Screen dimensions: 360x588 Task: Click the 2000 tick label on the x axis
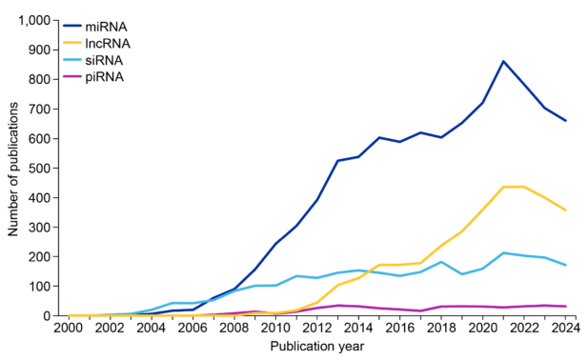(70, 328)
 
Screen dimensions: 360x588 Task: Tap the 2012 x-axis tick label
(317, 328)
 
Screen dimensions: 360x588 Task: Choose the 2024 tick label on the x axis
(566, 328)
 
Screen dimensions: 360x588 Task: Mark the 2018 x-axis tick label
(441, 328)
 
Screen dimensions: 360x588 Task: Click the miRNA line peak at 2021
(503, 61)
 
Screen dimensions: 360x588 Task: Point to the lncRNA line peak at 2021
(503, 187)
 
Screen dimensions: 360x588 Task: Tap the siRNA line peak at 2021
(503, 252)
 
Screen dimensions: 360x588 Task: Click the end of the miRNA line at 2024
(566, 121)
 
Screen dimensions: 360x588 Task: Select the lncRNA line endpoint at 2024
(566, 210)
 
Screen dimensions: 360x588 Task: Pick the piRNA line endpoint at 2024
(566, 306)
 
